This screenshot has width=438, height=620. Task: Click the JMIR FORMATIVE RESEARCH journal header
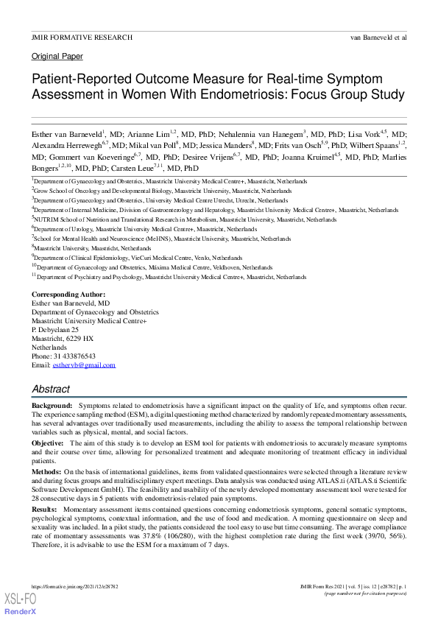click(82, 37)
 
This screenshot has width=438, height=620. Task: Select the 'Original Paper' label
click(57, 57)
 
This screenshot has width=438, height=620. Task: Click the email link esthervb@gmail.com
click(84, 365)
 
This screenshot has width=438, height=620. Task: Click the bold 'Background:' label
click(52, 406)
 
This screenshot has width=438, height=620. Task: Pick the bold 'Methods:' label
click(46, 471)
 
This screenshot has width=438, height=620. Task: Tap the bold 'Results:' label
click(44, 510)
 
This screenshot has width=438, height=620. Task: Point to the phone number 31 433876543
click(73, 356)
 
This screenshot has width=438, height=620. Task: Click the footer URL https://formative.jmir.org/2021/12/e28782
click(74, 586)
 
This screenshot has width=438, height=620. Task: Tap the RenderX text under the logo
click(20, 613)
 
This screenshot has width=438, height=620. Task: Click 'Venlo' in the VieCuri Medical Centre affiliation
click(198, 258)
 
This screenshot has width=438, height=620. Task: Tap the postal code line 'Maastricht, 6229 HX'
click(63, 339)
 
